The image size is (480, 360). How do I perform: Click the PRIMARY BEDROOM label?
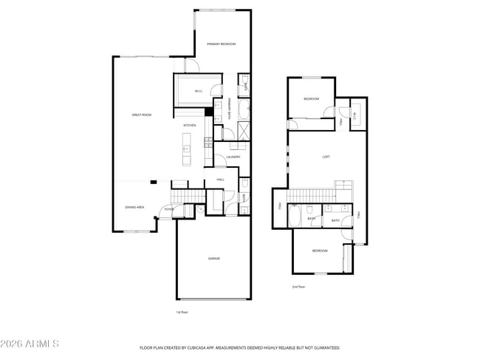[x=221, y=44]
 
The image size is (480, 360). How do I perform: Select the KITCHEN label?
[x=190, y=126]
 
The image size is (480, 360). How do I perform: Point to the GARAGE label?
[x=213, y=258]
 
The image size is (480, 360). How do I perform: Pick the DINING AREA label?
[x=134, y=208]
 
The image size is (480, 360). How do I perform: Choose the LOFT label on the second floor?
[x=326, y=157]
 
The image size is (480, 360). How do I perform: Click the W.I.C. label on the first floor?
[x=199, y=92]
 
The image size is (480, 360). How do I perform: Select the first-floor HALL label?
[x=220, y=180]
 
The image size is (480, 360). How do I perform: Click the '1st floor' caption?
[x=182, y=313]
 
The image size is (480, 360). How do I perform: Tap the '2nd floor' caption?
[x=298, y=286]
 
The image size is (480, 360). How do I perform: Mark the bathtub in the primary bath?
[x=244, y=111]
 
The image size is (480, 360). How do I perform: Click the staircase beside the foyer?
[x=180, y=195]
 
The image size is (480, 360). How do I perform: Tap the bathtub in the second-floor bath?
[x=294, y=217]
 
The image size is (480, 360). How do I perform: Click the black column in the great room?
[x=154, y=181]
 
